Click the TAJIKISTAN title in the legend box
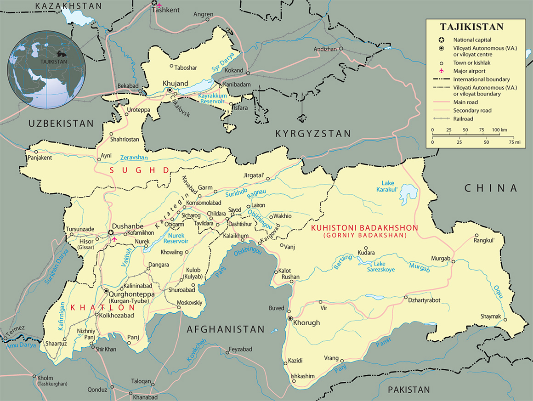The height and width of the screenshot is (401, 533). click(x=472, y=27)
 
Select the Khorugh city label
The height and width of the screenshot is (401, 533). click(x=307, y=323)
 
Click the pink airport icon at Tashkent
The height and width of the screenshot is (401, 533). click(x=159, y=5)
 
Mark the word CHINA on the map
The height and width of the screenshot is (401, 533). click(x=491, y=188)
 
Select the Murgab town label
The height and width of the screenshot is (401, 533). click(x=440, y=259)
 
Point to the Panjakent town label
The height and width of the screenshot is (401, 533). click(x=40, y=158)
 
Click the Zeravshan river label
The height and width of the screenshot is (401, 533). click(x=134, y=157)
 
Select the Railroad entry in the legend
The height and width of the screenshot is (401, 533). click(x=463, y=119)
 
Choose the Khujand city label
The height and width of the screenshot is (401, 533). click(x=176, y=83)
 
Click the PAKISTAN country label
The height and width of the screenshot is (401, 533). click(x=409, y=390)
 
